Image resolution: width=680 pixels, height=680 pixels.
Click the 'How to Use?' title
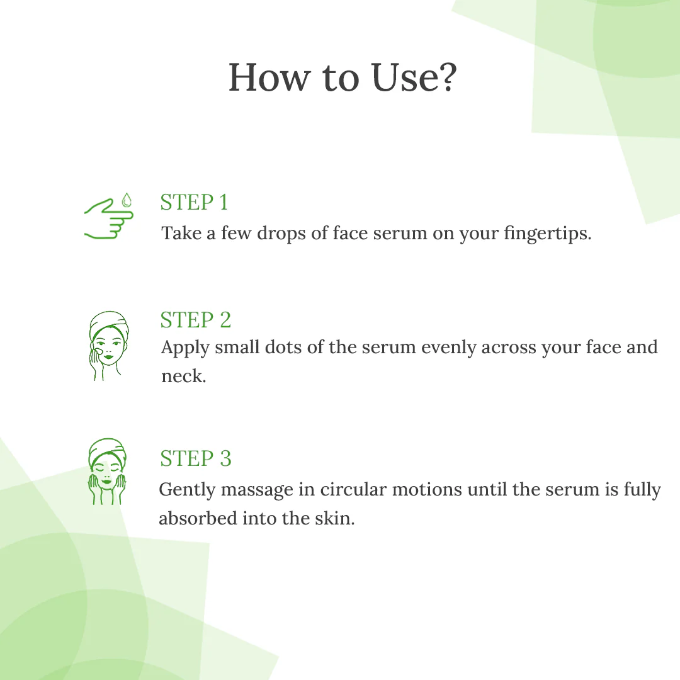click(342, 78)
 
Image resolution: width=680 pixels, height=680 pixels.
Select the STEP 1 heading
click(194, 203)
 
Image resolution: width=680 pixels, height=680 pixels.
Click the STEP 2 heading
click(195, 320)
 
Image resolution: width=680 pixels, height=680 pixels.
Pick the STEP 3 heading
click(195, 458)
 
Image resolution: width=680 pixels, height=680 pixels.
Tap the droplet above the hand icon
click(127, 200)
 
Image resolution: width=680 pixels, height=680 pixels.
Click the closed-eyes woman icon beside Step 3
click(107, 471)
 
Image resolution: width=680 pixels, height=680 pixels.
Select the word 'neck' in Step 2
click(182, 377)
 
